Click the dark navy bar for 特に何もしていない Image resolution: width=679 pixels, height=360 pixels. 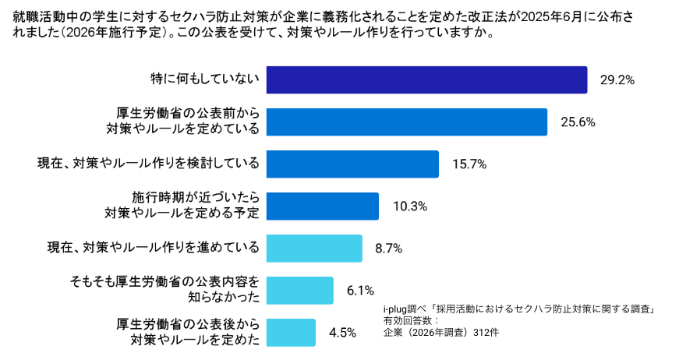426,79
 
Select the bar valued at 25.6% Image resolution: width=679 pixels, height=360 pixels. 406,122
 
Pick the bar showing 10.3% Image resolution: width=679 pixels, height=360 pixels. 323,206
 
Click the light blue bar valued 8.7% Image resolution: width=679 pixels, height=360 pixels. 314,248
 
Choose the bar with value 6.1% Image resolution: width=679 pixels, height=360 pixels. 299,290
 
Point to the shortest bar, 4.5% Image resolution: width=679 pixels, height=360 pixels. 291,332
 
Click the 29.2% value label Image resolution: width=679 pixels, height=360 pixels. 617,79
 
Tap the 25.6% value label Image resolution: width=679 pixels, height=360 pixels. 578,122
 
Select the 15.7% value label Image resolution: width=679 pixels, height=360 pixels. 469,164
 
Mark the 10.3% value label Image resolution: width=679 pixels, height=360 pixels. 409,206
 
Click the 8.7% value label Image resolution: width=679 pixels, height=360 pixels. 388,249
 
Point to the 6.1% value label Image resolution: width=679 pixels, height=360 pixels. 361,291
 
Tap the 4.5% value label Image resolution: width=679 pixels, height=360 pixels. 343,333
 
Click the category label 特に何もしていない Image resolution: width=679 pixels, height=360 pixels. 204,79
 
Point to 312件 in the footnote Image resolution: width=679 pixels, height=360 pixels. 486,332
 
